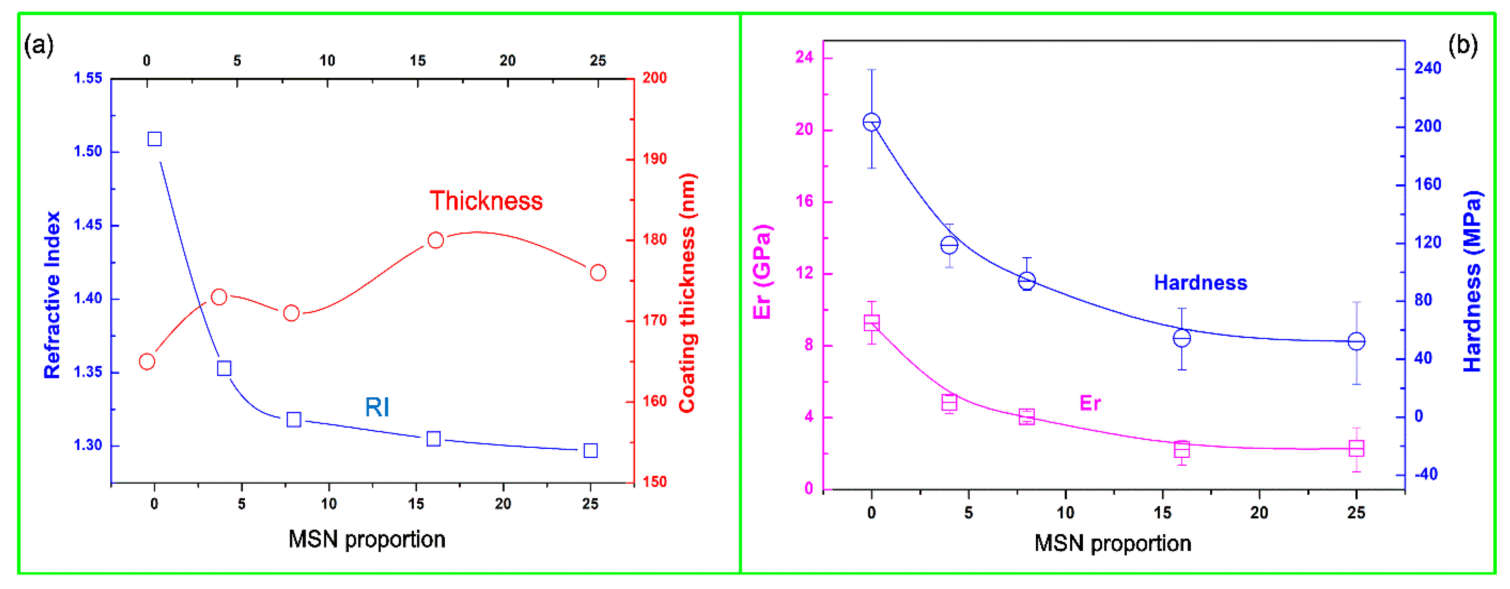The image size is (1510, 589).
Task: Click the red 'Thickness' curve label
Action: (x=486, y=201)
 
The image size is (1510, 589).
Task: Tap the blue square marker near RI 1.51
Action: (x=155, y=139)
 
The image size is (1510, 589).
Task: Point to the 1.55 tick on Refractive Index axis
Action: (x=88, y=78)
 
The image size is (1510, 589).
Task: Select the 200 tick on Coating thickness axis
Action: (x=654, y=78)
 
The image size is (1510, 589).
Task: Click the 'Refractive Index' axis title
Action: (x=52, y=295)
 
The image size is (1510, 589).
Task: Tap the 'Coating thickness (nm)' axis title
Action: (x=686, y=293)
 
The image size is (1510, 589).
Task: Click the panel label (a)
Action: (x=39, y=45)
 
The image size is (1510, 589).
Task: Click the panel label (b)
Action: (x=1463, y=45)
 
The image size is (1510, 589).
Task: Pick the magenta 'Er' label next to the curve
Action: (x=1090, y=403)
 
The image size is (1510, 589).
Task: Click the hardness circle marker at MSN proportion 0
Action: (x=872, y=122)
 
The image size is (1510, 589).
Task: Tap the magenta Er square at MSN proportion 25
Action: (x=1356, y=448)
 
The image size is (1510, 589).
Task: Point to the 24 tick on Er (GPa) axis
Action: (x=804, y=57)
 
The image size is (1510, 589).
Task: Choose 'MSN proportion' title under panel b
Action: (x=1112, y=543)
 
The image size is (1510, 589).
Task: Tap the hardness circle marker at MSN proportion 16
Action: (x=1182, y=338)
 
